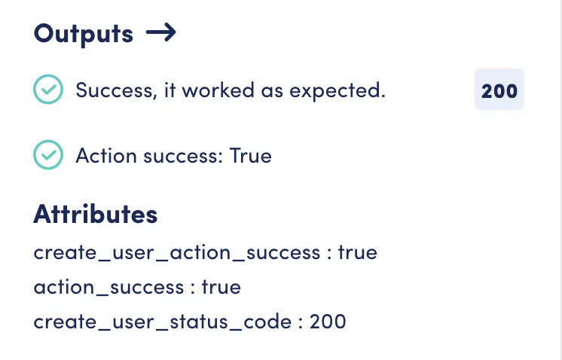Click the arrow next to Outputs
(161, 32)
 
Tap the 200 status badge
(499, 89)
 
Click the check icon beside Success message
(48, 89)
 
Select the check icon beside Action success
(48, 154)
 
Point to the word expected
(338, 90)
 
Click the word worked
(218, 90)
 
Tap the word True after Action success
(251, 155)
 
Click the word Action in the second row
(106, 155)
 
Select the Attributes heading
(96, 214)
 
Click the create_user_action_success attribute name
(177, 253)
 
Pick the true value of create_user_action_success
(358, 252)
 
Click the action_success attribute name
(108, 287)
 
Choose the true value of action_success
(221, 287)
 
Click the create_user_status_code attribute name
(163, 322)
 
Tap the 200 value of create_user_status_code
(328, 322)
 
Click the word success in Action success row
(180, 156)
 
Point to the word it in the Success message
(170, 90)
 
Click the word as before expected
(272, 91)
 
